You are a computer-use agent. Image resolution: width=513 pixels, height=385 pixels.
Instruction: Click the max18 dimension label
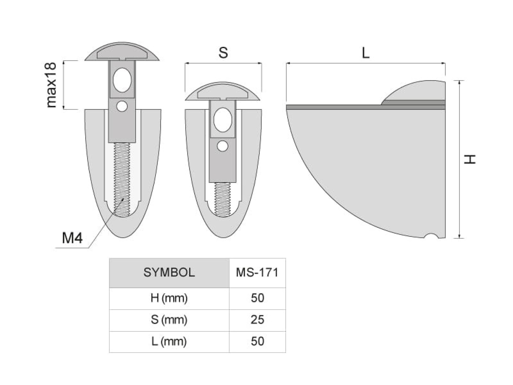51,85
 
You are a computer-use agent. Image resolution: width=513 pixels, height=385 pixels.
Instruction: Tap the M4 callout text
72,238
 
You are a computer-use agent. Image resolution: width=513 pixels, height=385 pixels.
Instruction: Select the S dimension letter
223,53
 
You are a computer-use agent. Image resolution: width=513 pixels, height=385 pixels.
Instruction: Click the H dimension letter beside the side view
470,159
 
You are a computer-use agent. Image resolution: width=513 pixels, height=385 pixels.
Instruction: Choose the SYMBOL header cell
169,272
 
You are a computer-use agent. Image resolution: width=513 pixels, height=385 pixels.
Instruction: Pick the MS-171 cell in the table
257,272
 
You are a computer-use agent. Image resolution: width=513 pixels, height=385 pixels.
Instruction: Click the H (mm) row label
169,298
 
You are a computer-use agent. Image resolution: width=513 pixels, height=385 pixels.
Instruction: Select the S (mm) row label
169,320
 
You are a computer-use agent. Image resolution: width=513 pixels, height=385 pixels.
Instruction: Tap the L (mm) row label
169,341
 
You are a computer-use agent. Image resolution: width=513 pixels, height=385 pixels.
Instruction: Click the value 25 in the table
258,320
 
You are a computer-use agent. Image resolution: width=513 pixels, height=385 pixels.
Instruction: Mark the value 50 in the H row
258,298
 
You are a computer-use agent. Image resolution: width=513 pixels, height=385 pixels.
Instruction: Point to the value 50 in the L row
258,341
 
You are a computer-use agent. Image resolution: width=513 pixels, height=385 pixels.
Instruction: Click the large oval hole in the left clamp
122,80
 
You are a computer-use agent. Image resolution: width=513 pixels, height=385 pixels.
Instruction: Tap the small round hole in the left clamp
122,106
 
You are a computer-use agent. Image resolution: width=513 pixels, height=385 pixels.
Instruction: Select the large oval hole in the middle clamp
223,120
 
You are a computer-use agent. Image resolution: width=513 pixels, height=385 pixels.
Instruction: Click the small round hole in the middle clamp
223,146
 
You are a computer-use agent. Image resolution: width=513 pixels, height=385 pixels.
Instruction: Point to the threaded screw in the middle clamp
223,199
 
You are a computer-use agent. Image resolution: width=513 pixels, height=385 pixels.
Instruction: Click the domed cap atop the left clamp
122,52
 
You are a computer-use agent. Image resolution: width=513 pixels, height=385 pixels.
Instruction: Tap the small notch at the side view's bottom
431,236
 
